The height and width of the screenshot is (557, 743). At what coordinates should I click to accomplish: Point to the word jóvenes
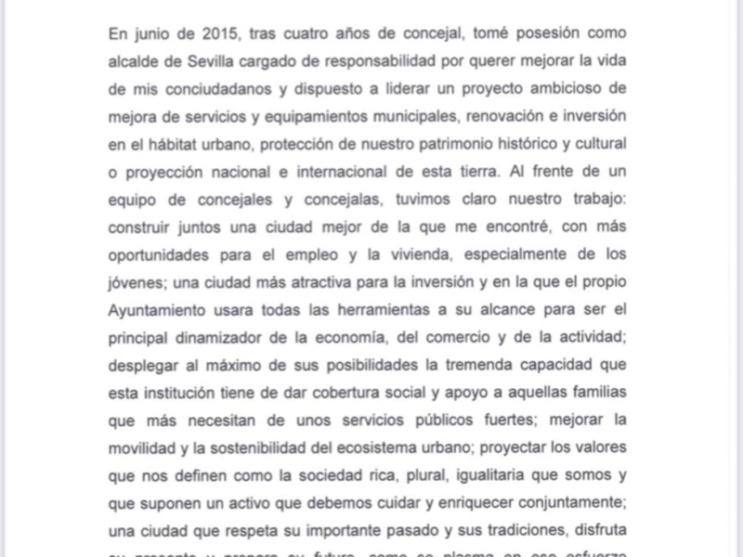tap(137, 282)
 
